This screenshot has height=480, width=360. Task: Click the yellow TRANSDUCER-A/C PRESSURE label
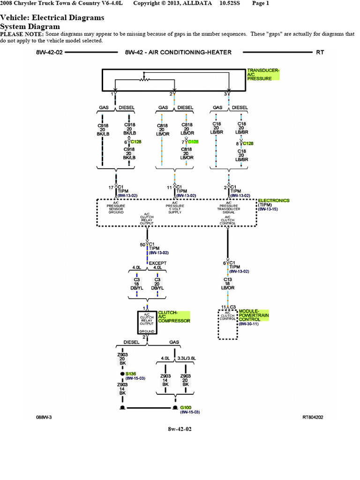point(263,75)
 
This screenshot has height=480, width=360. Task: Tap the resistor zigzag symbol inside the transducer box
point(144,79)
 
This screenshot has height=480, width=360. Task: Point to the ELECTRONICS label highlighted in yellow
point(274,200)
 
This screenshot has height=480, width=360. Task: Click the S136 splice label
point(131,373)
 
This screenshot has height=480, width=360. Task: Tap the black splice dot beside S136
point(122,374)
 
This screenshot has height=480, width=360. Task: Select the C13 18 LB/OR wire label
point(228,284)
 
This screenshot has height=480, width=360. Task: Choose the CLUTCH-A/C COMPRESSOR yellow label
point(174,316)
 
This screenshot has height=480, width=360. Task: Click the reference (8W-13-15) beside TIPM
point(268,209)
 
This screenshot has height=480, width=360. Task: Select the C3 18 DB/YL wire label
point(136,284)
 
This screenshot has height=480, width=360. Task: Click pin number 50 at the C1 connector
point(142,244)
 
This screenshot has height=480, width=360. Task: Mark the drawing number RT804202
point(313,416)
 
